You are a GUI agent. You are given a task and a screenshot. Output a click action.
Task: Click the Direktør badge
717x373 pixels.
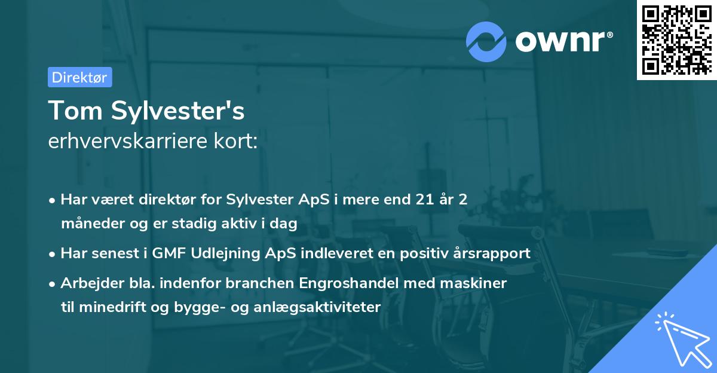[79, 77]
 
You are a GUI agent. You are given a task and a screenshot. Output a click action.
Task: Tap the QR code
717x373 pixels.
[676, 40]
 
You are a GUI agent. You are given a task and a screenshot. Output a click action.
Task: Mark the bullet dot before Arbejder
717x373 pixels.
[53, 284]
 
